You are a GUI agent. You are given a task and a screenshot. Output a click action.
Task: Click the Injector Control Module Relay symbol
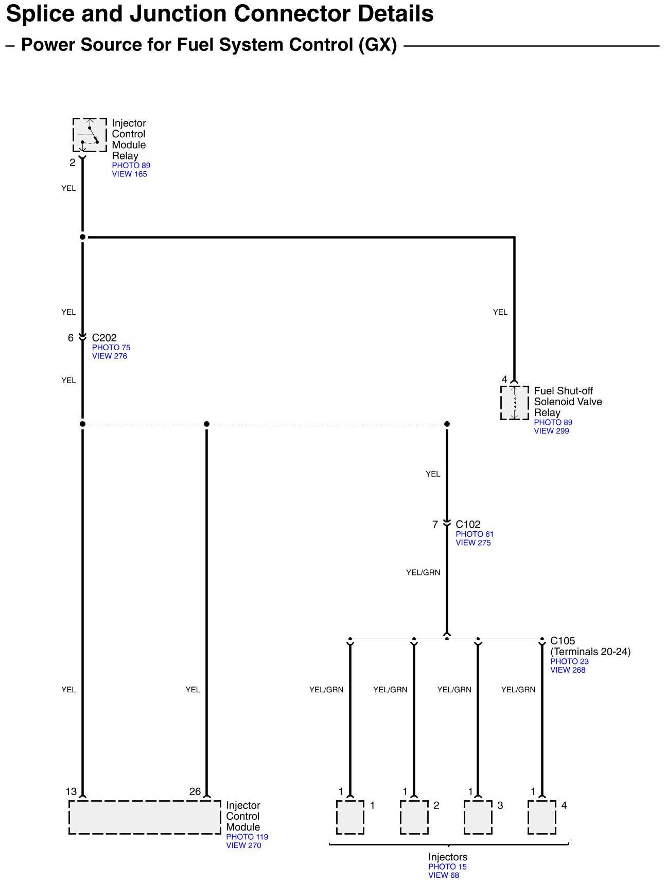[90, 135]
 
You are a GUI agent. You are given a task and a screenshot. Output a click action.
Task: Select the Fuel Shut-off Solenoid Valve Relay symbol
[514, 403]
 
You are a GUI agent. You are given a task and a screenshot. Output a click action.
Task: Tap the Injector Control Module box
[145, 817]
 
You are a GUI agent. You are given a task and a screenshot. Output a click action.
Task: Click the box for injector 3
[478, 817]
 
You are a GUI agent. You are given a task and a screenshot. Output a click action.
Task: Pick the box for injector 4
[542, 817]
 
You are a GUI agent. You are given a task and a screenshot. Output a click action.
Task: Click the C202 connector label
[104, 338]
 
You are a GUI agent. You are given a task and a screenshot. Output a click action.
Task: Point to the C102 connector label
[468, 525]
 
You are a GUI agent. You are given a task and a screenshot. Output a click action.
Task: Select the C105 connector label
[563, 641]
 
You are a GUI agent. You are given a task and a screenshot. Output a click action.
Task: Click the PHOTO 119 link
[247, 837]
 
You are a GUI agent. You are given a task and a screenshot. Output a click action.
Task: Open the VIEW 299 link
[551, 431]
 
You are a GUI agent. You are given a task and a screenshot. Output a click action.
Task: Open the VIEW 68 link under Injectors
[443, 875]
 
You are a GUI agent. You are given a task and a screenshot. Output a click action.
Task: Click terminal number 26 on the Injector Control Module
[195, 791]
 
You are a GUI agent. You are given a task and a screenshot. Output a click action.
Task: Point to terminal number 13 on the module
[71, 791]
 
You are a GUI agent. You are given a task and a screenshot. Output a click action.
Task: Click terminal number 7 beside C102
[435, 525]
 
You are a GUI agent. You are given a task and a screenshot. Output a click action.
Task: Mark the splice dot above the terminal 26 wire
[206, 424]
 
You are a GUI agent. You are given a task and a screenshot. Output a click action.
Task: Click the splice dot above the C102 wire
[447, 424]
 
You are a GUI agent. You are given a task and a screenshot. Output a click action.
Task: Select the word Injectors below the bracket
[448, 857]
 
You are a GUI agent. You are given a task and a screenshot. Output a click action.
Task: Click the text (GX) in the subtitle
[378, 45]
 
